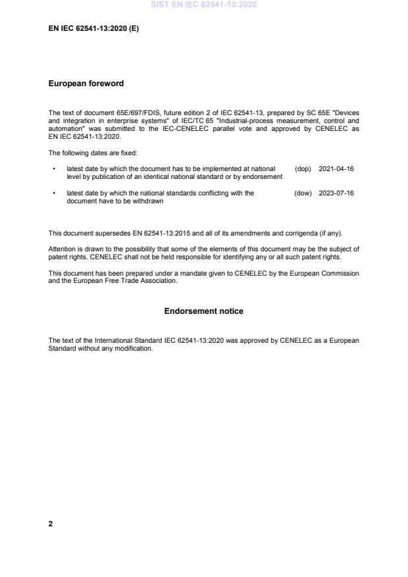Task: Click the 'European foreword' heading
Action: pos(86,84)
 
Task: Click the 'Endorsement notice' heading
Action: pos(203,311)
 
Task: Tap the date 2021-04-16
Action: pos(336,169)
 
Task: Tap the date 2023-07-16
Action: pos(336,193)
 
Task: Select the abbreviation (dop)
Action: pos(303,169)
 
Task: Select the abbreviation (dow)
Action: pos(303,193)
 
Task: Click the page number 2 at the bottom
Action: pos(51,524)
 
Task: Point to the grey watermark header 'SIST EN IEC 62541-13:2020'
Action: pos(203,5)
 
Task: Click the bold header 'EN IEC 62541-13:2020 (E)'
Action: pos(93,29)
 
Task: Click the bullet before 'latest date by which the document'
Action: pos(53,169)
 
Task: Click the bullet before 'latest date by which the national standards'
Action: pos(53,193)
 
